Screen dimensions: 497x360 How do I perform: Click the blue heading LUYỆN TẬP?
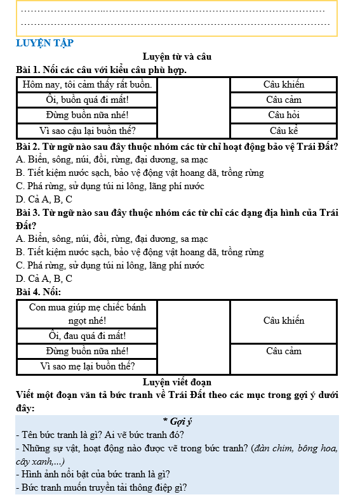44,43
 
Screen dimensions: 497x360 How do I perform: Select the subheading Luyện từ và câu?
177,56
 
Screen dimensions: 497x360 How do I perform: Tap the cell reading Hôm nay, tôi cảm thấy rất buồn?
87,84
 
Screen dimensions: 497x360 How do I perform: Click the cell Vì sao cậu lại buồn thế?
87,131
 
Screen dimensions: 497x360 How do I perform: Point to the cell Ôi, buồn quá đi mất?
87,100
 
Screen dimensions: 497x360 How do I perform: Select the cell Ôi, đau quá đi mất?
87,335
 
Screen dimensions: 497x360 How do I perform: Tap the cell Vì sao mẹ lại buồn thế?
87,366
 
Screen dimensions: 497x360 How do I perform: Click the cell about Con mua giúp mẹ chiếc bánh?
87,314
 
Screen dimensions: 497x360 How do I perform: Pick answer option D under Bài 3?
44,278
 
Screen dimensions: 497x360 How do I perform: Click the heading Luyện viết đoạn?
177,382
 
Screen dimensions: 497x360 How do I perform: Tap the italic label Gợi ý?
177,421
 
